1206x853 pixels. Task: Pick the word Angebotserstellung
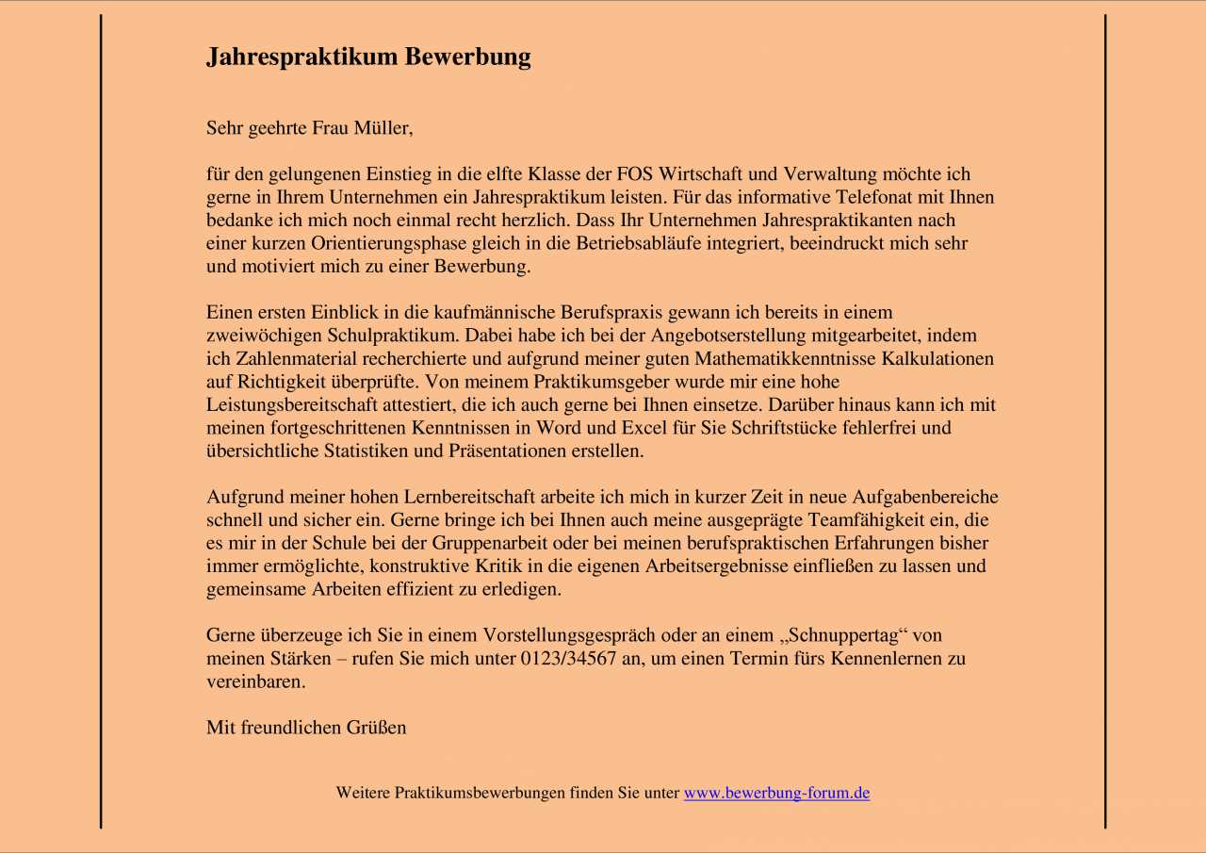726,336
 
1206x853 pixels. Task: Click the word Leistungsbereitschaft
286,405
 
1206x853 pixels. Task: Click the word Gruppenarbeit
489,544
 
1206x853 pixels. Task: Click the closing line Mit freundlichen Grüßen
306,728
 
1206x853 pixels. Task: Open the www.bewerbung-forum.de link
776,794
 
